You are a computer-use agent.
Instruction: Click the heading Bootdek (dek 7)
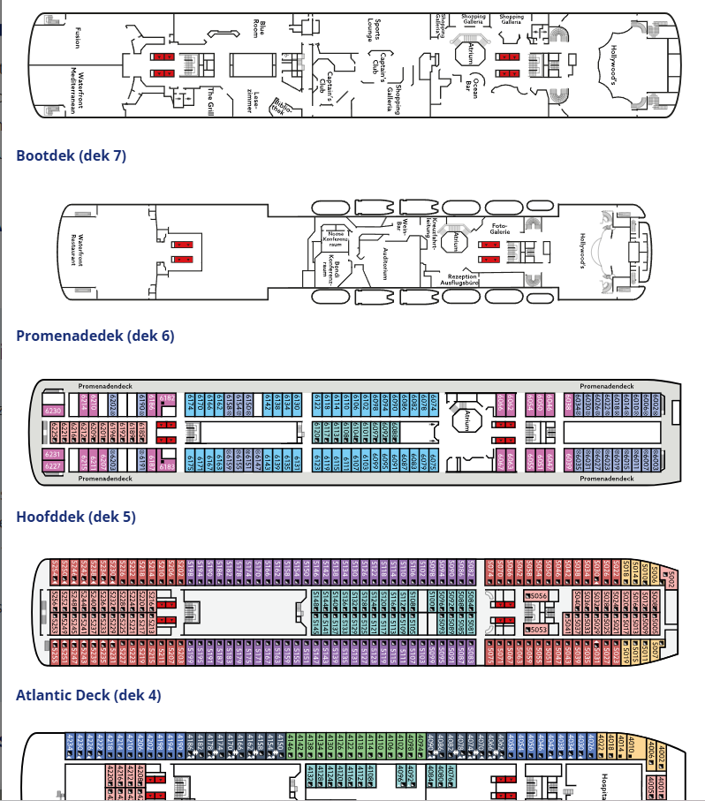point(71,156)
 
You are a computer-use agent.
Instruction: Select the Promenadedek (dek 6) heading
point(95,336)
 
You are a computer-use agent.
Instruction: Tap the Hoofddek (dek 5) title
point(76,517)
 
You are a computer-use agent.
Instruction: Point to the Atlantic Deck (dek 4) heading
point(88,695)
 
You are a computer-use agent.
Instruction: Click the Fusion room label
point(78,38)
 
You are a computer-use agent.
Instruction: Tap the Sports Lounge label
point(376,28)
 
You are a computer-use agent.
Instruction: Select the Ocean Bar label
point(474,87)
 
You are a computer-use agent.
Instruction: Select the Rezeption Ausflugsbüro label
point(459,279)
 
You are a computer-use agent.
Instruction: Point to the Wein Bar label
point(404,225)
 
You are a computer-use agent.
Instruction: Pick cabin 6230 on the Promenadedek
point(52,411)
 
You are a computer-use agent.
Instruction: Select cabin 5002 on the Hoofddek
point(671,579)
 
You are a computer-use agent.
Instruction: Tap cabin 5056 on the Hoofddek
point(540,596)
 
